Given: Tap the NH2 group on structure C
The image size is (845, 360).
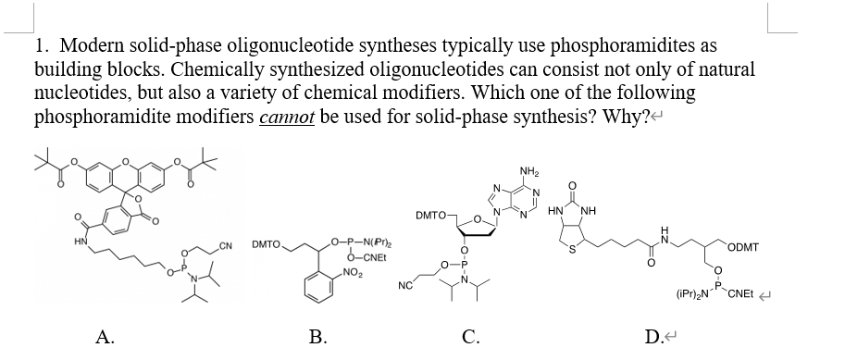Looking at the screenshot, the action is (531, 169).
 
